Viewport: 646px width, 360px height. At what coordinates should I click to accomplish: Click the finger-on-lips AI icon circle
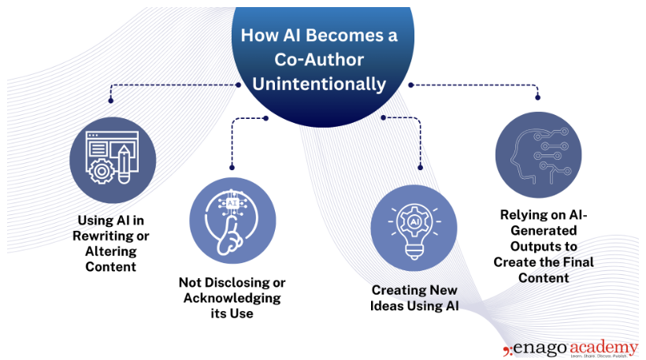234,220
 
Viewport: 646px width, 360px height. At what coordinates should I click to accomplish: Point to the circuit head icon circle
538,154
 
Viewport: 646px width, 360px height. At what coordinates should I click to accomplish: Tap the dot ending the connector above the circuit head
538,98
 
